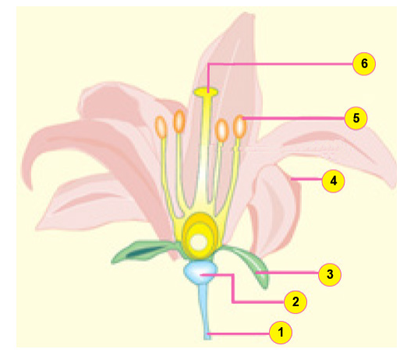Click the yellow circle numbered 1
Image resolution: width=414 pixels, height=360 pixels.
281,333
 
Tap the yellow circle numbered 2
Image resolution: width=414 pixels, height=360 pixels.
295,302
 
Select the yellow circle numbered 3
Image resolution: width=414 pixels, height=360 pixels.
330,274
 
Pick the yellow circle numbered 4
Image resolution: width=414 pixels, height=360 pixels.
334,181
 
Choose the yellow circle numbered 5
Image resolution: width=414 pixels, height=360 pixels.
356,118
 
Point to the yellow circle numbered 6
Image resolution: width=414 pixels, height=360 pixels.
364,64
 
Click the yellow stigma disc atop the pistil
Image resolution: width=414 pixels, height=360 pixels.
206,92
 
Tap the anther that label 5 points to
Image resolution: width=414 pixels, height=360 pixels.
239,126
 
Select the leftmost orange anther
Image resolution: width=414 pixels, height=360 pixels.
161,127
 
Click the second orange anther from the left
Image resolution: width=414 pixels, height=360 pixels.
179,121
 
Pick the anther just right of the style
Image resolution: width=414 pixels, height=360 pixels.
221,130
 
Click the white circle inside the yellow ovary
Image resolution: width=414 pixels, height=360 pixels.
198,243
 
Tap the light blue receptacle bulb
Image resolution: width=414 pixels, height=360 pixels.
200,273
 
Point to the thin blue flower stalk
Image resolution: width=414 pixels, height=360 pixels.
206,312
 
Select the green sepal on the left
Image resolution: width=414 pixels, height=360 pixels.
144,251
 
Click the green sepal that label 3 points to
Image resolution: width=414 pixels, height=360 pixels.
251,264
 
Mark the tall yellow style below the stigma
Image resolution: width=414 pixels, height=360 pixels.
206,153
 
